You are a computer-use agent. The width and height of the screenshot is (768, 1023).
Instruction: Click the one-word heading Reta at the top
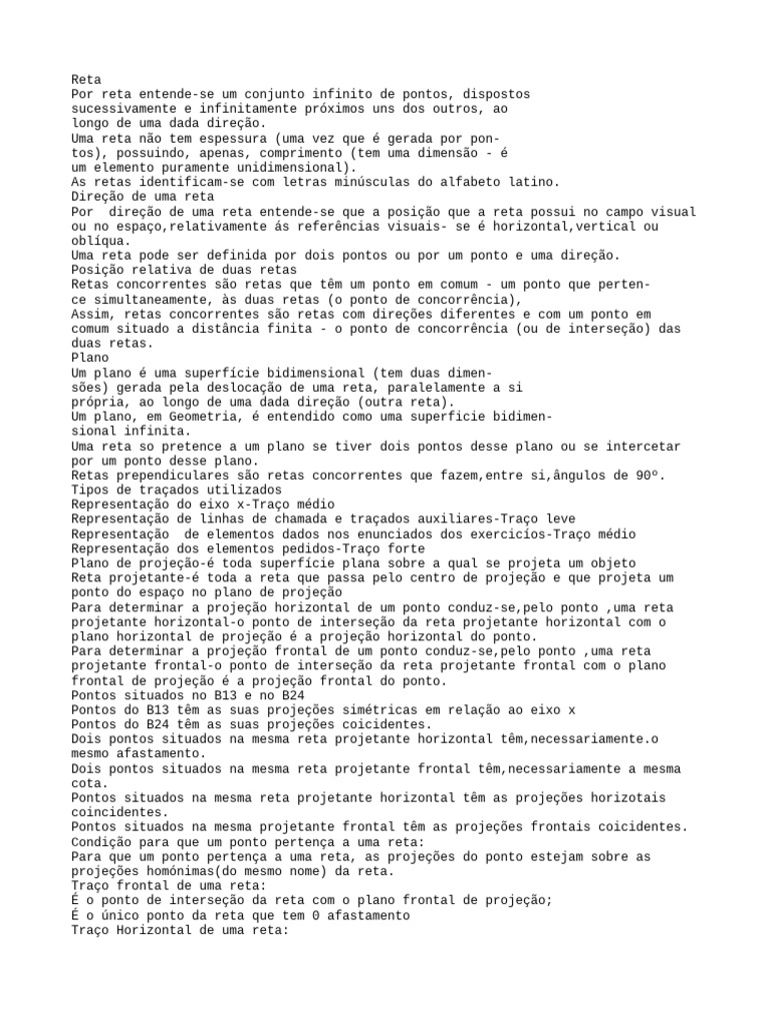point(86,79)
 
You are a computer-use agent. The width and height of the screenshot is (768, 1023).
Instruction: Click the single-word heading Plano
point(90,357)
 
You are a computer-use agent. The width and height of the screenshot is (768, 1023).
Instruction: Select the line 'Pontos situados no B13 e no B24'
point(188,694)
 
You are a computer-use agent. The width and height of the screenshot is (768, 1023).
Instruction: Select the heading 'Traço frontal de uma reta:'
point(168,885)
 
